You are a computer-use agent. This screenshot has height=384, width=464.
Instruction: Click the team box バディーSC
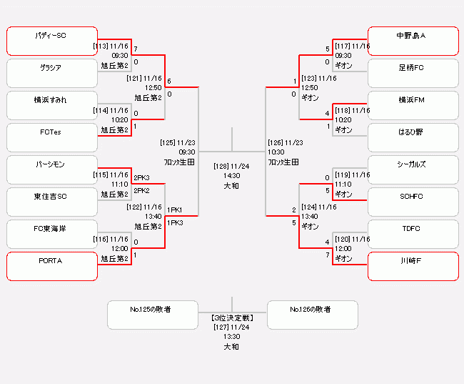click(52, 41)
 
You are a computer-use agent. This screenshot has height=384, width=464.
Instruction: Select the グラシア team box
click(52, 73)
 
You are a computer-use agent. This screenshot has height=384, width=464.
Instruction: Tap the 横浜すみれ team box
click(52, 105)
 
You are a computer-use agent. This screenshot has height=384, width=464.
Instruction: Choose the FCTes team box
click(52, 137)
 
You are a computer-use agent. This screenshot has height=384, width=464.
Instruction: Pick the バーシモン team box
click(52, 169)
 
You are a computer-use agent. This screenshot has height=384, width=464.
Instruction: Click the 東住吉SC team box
click(52, 202)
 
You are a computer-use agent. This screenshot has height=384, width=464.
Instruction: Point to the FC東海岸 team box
click(52, 234)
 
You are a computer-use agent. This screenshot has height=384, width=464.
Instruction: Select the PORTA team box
click(52, 266)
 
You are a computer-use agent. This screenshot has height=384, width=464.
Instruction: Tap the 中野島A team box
click(413, 41)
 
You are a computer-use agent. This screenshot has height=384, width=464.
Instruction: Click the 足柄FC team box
click(413, 73)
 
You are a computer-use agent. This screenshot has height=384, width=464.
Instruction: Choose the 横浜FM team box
click(413, 105)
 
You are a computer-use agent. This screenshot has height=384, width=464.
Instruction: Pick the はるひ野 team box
click(413, 137)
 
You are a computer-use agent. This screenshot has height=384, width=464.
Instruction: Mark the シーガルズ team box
click(413, 169)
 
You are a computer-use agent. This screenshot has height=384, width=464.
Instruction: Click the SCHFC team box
click(413, 202)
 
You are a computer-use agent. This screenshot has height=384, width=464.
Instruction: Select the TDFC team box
click(413, 234)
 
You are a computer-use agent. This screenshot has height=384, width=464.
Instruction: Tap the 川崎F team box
click(413, 266)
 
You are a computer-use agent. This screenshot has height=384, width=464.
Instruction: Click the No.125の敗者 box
click(153, 315)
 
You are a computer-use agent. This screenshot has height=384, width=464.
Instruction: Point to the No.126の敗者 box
click(312, 315)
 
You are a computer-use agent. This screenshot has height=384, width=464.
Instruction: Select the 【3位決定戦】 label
click(232, 317)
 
